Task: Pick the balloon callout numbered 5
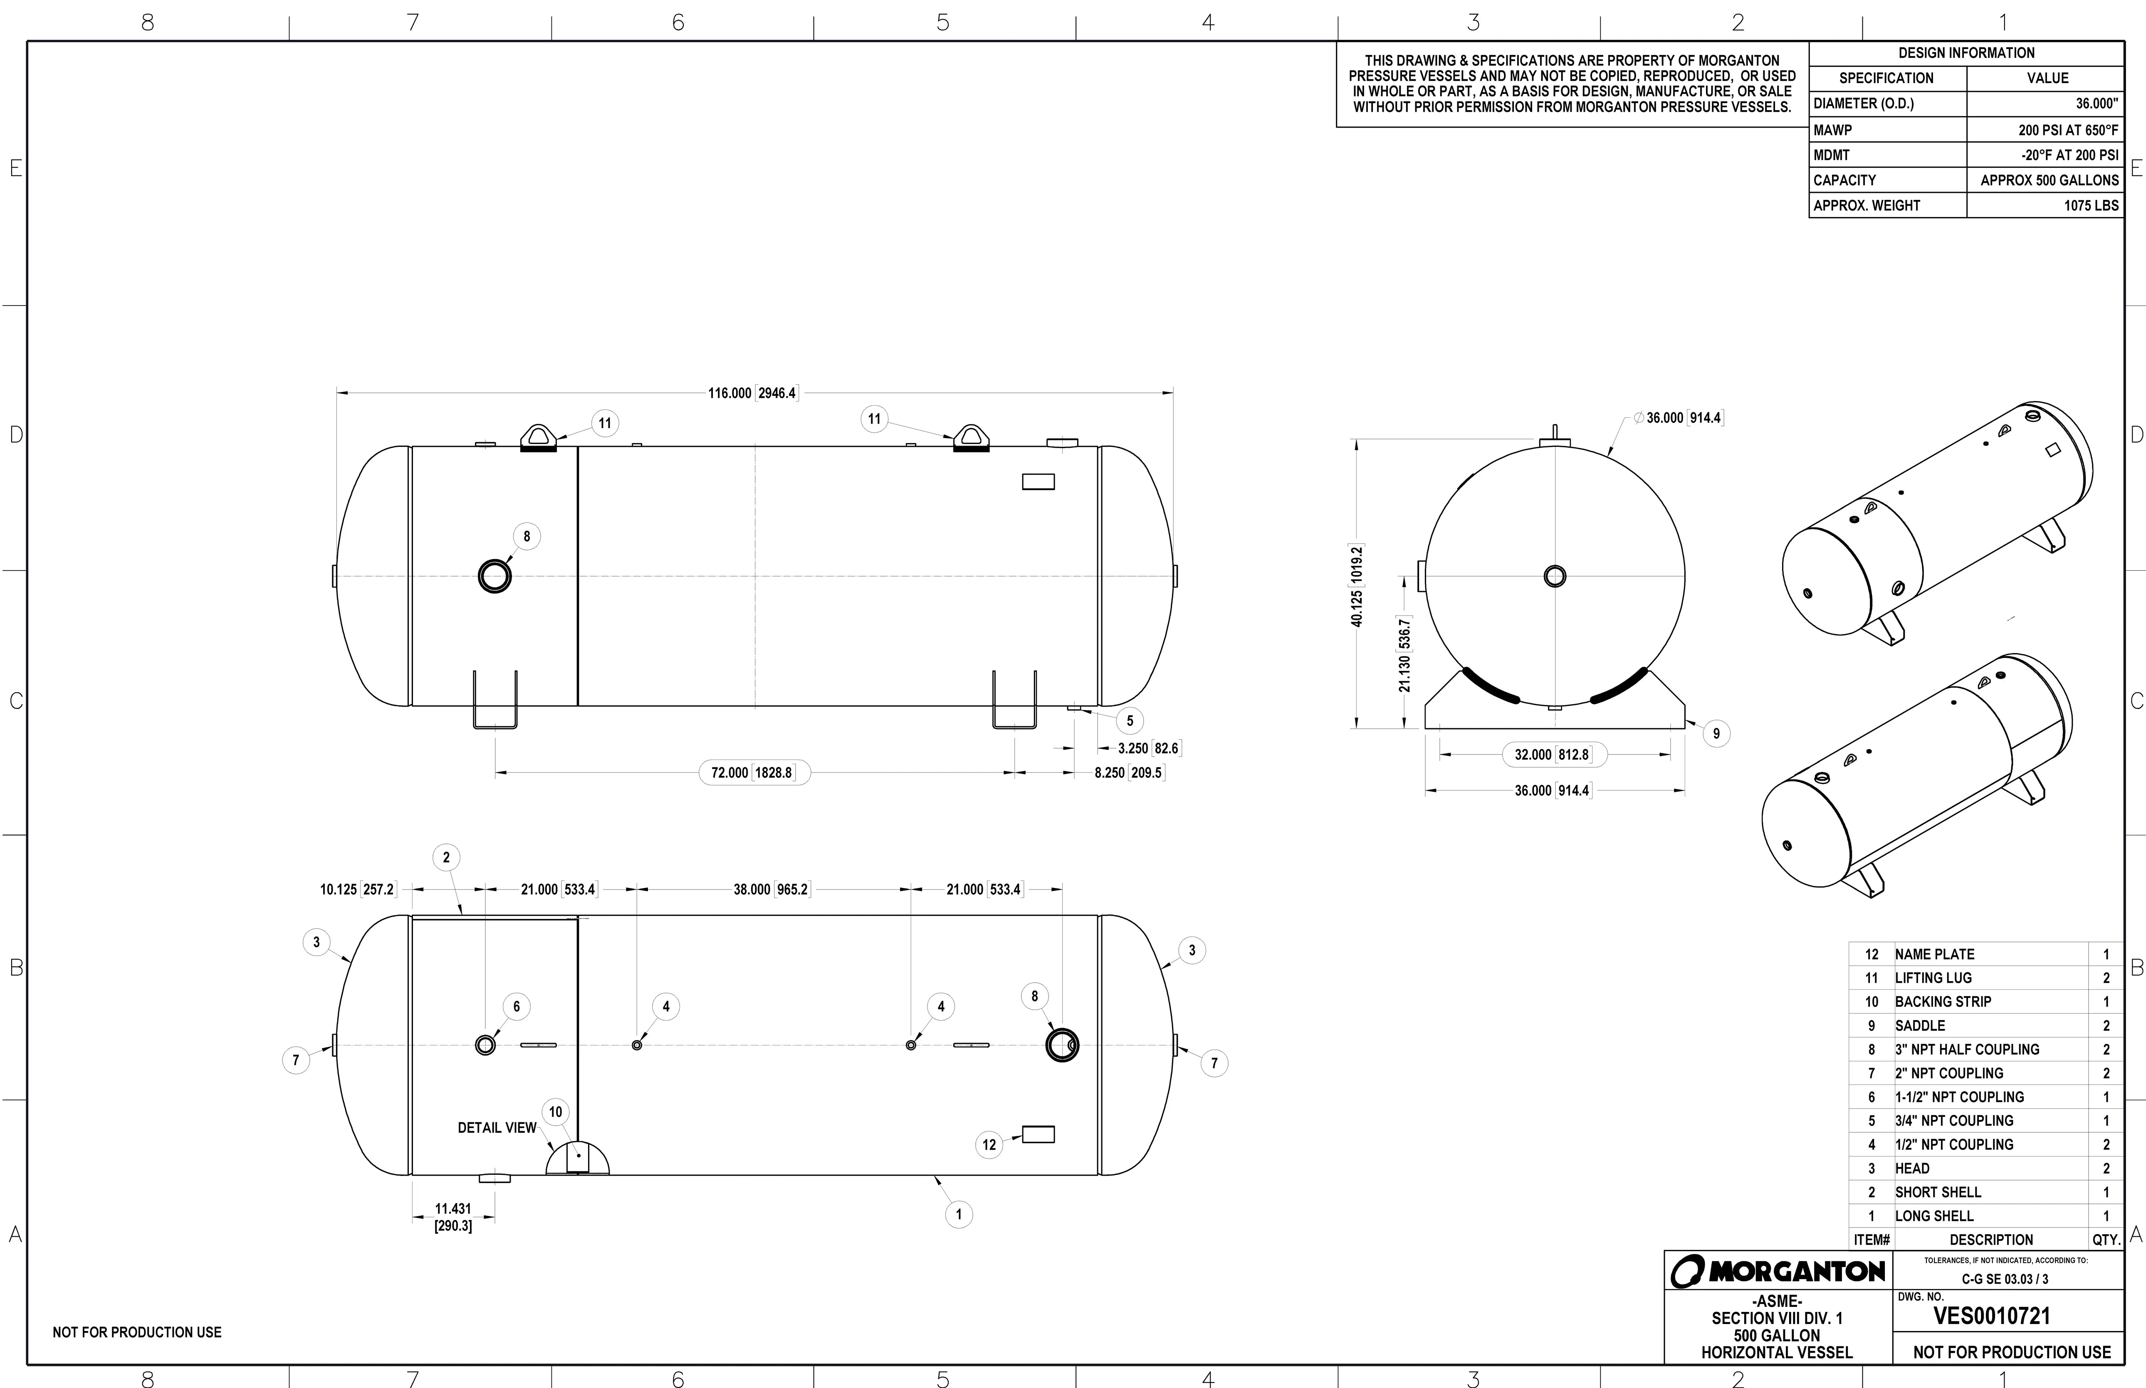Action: (1130, 721)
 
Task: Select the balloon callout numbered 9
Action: (1716, 734)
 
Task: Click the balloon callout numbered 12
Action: (989, 1145)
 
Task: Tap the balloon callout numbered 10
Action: (556, 1112)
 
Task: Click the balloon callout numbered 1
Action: (959, 1214)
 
